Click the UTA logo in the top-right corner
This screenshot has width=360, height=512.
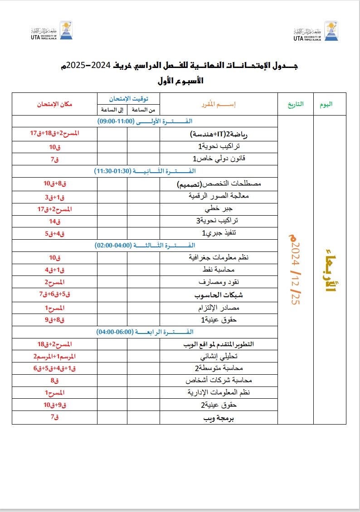tap(316, 31)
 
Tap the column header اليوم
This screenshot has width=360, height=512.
tap(326, 104)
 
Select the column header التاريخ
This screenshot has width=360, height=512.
tap(295, 104)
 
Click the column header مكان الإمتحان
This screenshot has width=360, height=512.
tap(54, 104)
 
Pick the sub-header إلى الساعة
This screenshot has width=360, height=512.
tap(112, 110)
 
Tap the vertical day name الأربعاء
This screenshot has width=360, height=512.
tap(330, 269)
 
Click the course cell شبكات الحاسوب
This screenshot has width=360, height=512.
tap(219, 295)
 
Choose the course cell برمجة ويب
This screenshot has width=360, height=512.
tap(219, 417)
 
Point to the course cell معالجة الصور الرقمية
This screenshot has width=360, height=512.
tap(219, 197)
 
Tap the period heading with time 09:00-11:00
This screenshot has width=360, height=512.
tap(145, 121)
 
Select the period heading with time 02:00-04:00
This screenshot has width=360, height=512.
tap(145, 245)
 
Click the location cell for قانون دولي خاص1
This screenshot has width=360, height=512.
tap(54, 159)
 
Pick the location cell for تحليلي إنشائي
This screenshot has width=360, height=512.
tap(54, 356)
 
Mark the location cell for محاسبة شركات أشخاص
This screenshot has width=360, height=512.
tap(54, 381)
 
